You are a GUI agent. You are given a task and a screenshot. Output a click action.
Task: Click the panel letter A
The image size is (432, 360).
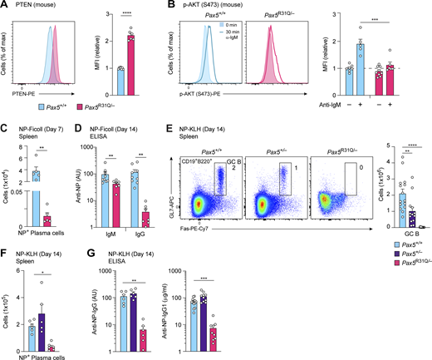[x=4, y=5]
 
